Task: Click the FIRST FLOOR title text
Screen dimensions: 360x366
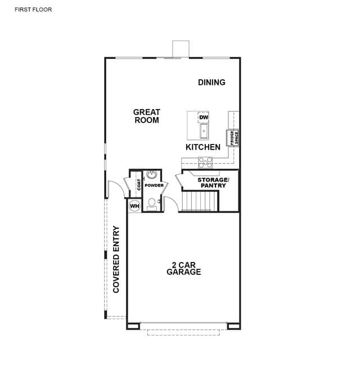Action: [33, 10]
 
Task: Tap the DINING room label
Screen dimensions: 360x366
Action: [211, 83]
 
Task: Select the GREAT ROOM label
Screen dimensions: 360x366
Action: [147, 116]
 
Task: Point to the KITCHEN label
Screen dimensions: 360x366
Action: [203, 147]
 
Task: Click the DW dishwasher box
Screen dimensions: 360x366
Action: [204, 118]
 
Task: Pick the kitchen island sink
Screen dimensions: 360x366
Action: [204, 131]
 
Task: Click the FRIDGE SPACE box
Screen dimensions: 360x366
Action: [232, 138]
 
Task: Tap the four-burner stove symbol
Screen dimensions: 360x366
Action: [205, 162]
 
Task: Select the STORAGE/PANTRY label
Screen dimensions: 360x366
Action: [213, 183]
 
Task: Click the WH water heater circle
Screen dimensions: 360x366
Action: [134, 206]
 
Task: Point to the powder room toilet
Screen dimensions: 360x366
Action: [152, 205]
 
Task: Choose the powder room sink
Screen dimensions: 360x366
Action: [152, 175]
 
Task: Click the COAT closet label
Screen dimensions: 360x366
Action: [139, 184]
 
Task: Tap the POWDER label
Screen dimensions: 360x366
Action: [154, 186]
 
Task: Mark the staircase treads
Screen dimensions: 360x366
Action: [200, 201]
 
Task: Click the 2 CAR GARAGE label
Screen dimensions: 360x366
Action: [184, 268]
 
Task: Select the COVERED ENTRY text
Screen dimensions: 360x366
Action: [116, 259]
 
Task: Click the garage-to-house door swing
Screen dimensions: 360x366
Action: [172, 204]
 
